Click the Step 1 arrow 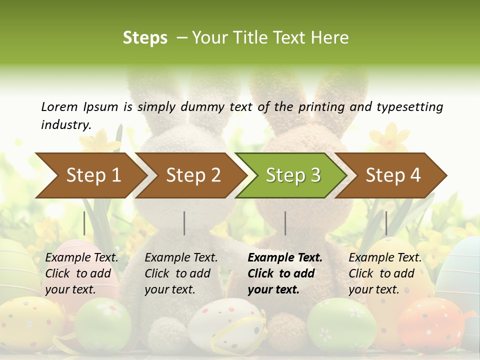pos(93,175)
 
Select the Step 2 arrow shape pos(193,175)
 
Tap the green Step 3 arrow pos(292,175)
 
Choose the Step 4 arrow pos(392,175)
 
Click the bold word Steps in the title pos(145,37)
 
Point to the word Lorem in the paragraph pos(59,106)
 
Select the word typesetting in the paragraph pos(410,106)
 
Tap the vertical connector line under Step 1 pos(84,223)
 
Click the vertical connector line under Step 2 pos(184,223)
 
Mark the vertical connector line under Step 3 pos(285,223)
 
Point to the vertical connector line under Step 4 pos(386,223)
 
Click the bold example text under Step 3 pos(282,273)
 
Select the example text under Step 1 pos(81,273)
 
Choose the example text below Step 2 pos(180,273)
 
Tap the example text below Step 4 pos(384,273)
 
